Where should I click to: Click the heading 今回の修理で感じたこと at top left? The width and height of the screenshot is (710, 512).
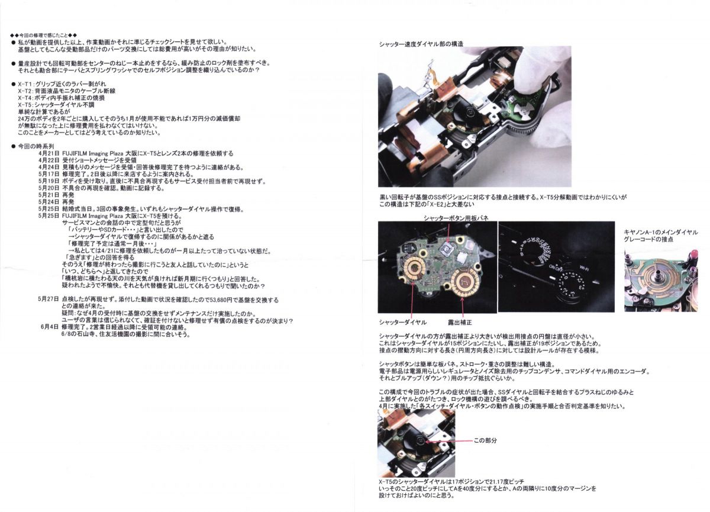[44, 35]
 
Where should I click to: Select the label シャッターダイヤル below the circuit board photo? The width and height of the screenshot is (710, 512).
[402, 323]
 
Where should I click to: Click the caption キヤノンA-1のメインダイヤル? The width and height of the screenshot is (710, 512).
[661, 232]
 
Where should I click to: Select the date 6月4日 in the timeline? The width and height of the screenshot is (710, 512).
[50, 326]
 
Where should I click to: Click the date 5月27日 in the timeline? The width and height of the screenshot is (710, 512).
[48, 300]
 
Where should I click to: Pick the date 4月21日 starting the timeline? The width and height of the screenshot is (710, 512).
[48, 153]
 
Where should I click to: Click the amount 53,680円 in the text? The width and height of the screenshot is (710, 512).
[222, 300]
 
